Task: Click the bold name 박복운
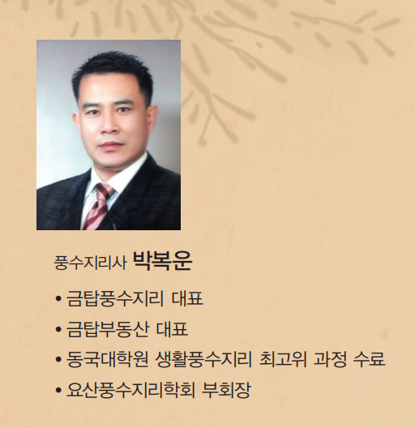point(162,261)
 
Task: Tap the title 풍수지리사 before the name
point(90,263)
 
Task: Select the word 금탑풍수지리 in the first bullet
point(115,298)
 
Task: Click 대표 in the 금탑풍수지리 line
point(187,298)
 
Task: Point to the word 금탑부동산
point(108,329)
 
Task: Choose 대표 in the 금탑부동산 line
point(173,329)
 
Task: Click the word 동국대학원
point(107,359)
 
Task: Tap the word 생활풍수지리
point(203,359)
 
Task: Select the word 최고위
point(283,359)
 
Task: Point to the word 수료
point(369,359)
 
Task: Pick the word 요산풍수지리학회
point(130,390)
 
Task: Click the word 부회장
point(226,390)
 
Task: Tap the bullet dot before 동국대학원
point(58,359)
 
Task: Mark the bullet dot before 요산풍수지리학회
point(58,391)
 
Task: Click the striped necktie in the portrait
point(99,205)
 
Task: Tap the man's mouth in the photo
point(111,144)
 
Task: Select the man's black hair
point(112,68)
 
